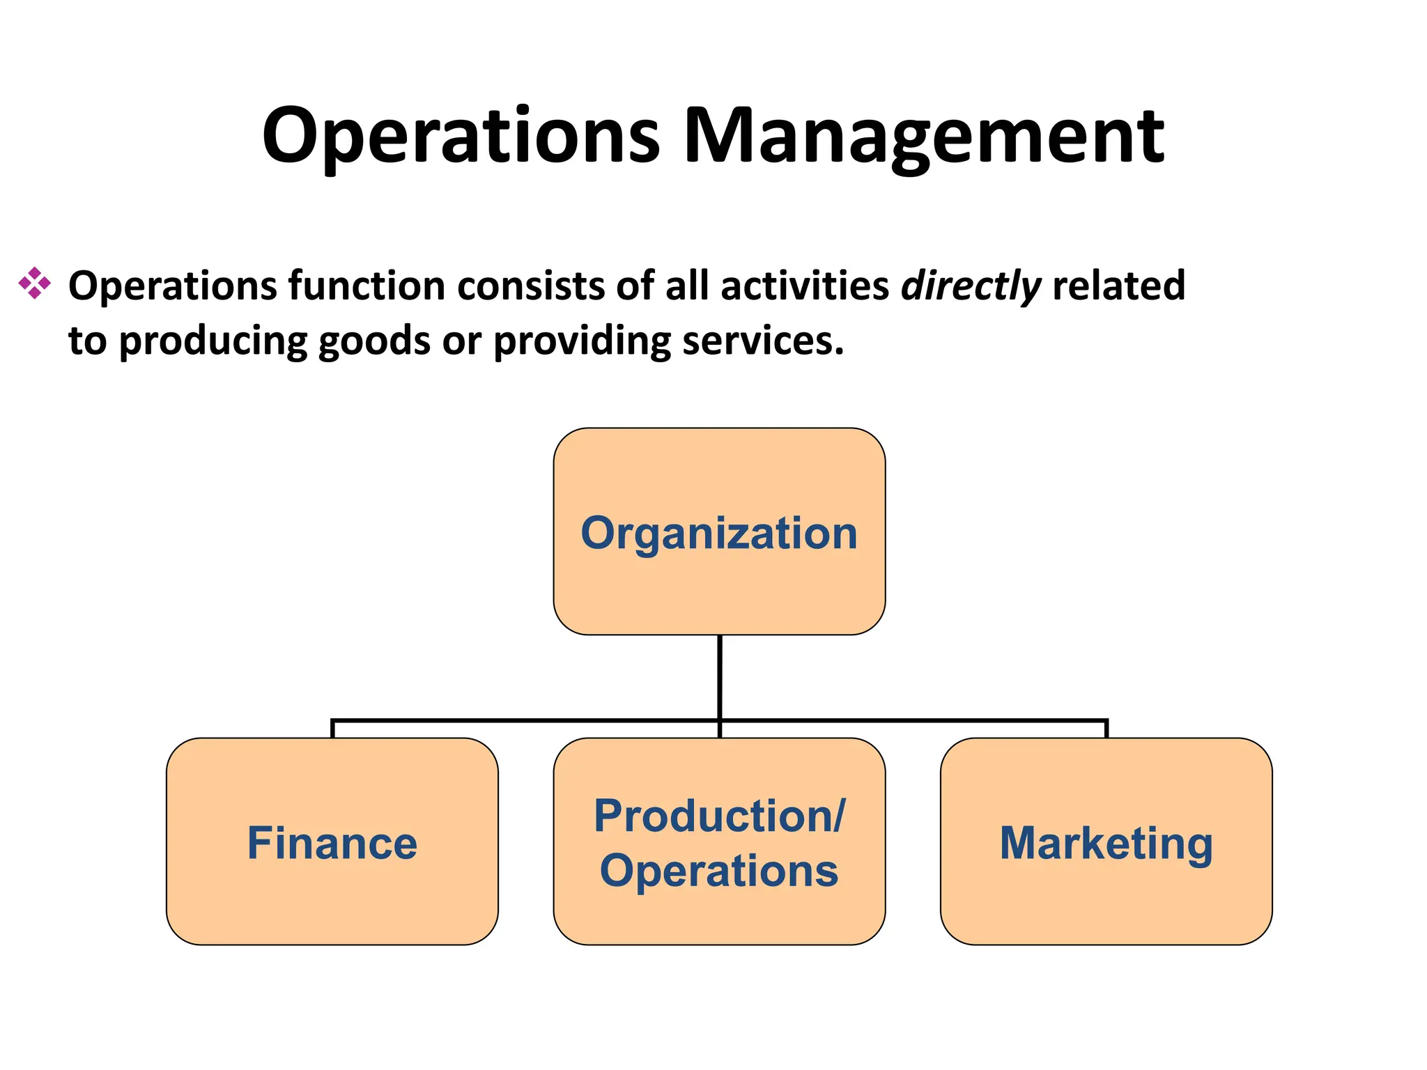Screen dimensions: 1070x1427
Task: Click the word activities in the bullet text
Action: (804, 286)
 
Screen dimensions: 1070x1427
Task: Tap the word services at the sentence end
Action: (763, 341)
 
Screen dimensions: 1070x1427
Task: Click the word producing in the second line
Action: (213, 341)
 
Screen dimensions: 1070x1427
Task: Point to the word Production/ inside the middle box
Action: (719, 816)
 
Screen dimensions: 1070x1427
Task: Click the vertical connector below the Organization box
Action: (719, 676)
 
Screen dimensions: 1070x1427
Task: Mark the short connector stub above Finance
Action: (332, 729)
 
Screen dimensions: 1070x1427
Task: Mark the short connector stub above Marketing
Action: (1106, 729)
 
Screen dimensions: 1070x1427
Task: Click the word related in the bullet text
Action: (1118, 286)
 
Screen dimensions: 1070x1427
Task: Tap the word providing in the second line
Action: (582, 341)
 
